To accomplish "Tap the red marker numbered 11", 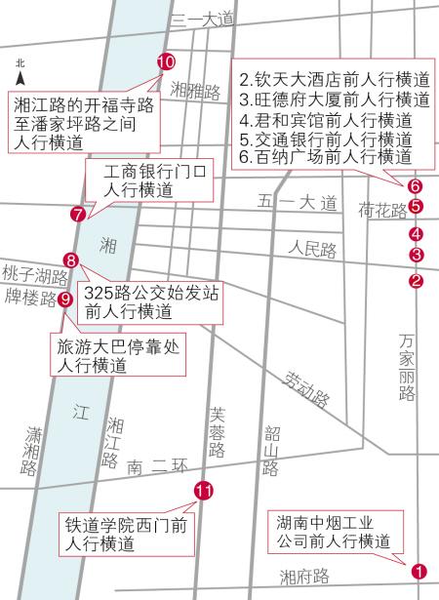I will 203,491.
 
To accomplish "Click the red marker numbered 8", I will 70,260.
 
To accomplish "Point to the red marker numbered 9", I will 65,300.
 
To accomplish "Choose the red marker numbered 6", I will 416,185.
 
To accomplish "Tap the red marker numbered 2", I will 417,281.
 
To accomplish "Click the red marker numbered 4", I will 417,233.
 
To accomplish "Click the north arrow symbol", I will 20,73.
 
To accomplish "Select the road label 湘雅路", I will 195,89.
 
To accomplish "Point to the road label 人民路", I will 311,251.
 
